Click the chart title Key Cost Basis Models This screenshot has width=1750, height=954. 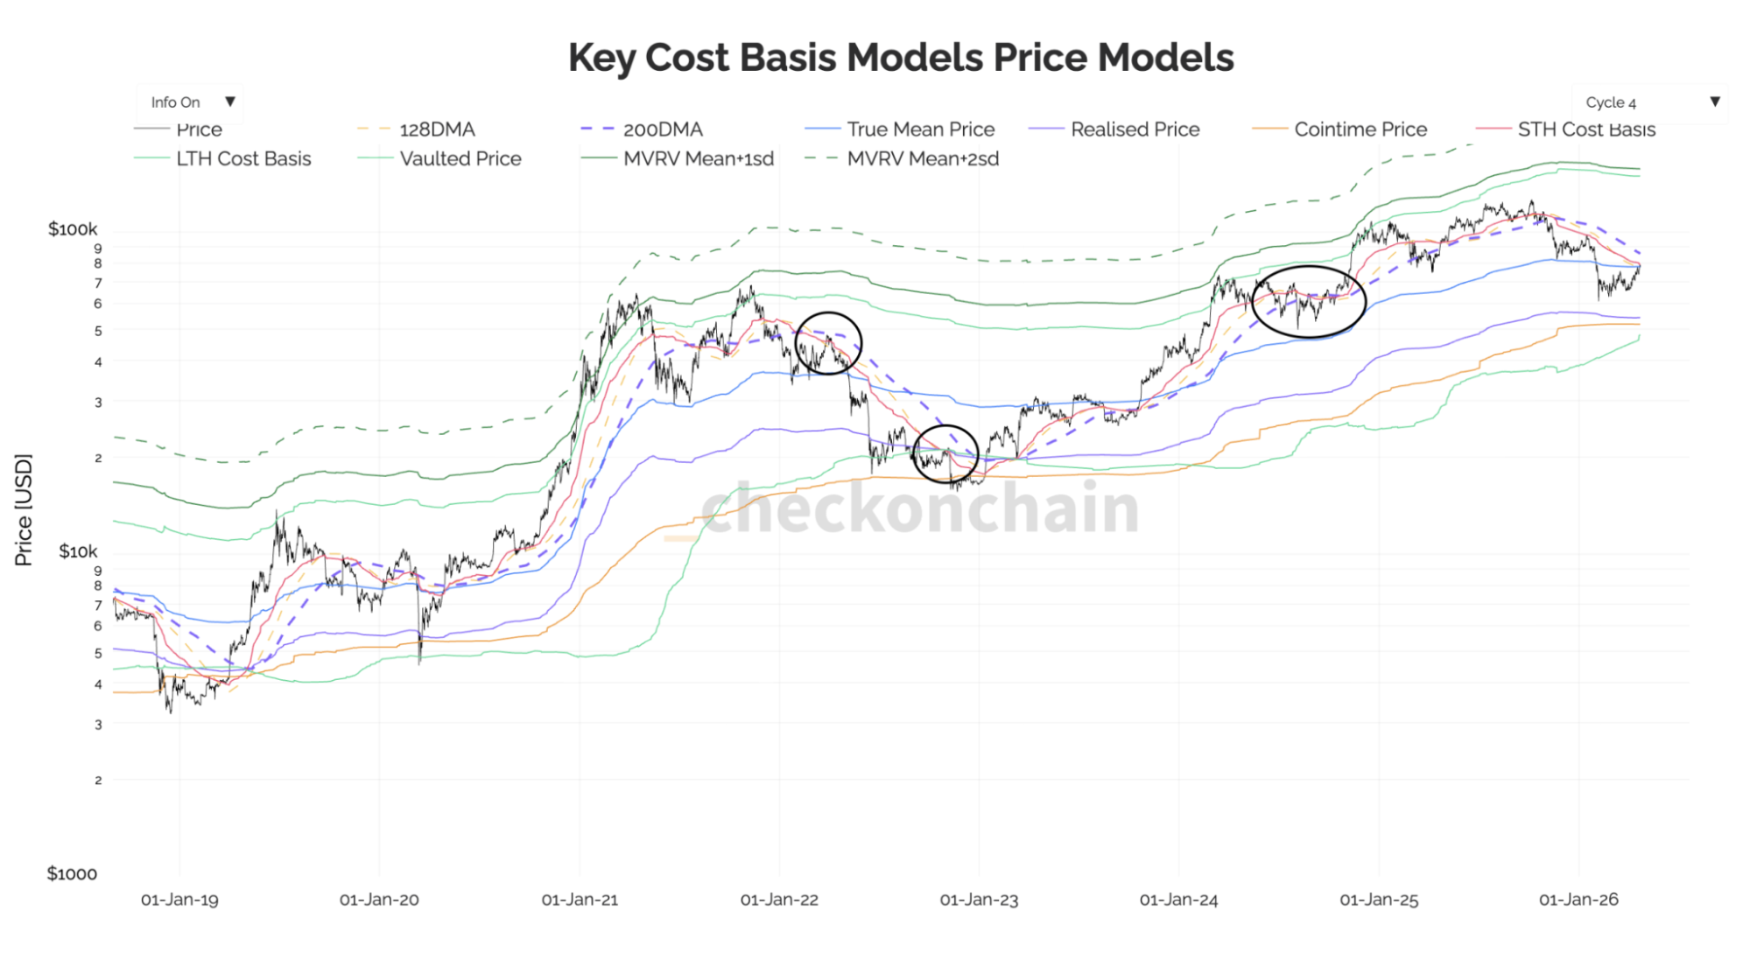point(901,58)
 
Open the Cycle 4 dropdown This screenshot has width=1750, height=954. point(1650,102)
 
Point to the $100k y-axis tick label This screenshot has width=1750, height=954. point(73,229)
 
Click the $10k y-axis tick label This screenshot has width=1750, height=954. point(78,551)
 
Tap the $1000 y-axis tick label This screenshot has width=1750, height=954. point(72,873)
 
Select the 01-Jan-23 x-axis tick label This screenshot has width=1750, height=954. point(979,900)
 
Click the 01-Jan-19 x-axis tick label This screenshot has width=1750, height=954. point(179,900)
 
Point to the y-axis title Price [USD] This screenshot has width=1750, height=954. point(24,510)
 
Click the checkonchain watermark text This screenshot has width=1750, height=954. point(919,508)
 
